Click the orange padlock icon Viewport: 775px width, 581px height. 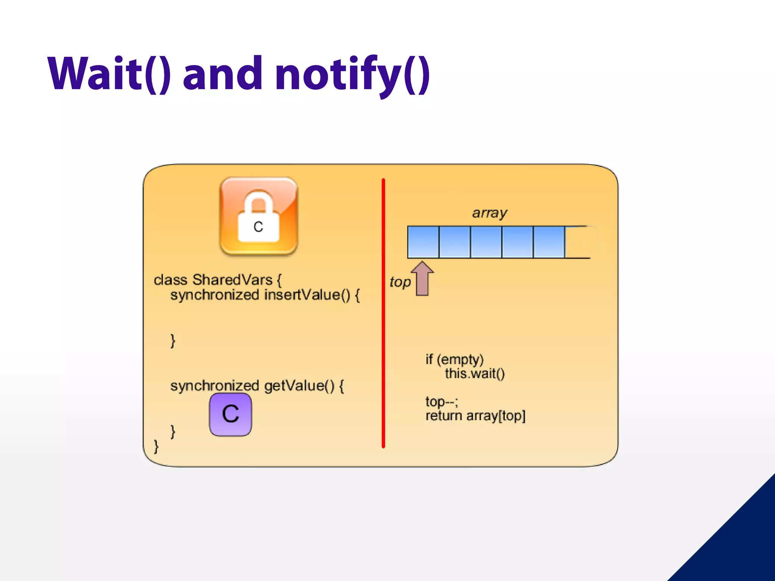[259, 216]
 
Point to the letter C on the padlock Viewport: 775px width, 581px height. [258, 227]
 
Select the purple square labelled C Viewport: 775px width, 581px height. [230, 414]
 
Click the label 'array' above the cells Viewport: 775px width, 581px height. [489, 213]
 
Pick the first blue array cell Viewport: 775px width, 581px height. [423, 242]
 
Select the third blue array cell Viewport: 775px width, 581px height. [486, 242]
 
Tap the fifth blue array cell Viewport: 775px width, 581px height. [549, 242]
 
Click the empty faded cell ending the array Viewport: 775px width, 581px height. [579, 242]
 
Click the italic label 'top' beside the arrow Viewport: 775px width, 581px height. [400, 282]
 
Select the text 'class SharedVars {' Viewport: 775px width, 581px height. [218, 280]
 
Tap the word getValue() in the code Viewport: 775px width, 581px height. [299, 386]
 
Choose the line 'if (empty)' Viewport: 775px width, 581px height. [454, 359]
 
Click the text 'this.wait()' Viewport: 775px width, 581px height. [475, 374]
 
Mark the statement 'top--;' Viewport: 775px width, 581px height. [442, 401]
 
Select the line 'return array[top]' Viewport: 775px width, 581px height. [475, 416]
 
